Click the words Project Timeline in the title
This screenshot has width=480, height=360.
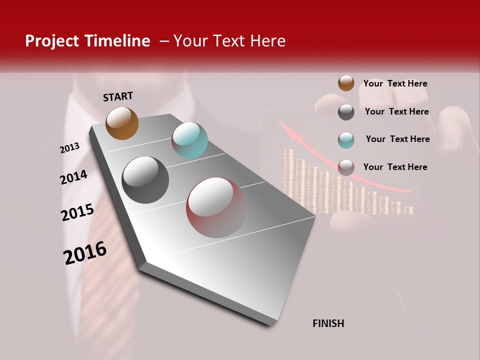(x=87, y=41)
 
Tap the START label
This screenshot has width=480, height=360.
(x=118, y=96)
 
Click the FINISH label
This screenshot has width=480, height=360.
(x=328, y=323)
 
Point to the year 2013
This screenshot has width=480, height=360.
(x=70, y=148)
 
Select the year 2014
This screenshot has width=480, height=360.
(x=74, y=177)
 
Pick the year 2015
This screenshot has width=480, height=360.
(x=77, y=212)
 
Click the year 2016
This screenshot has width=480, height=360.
(x=85, y=253)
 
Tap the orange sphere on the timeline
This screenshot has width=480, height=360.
(x=122, y=123)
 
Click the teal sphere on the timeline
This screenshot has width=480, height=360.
(x=190, y=140)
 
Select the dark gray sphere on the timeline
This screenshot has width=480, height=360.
(x=145, y=180)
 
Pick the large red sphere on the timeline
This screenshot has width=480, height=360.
(x=216, y=207)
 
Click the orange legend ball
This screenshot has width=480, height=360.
(x=346, y=83)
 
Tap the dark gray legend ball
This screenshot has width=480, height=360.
(x=346, y=112)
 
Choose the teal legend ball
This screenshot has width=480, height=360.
(x=346, y=140)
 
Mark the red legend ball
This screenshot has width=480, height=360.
(x=346, y=167)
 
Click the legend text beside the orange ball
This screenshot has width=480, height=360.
(x=395, y=83)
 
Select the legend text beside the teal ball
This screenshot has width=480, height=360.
(x=397, y=139)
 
